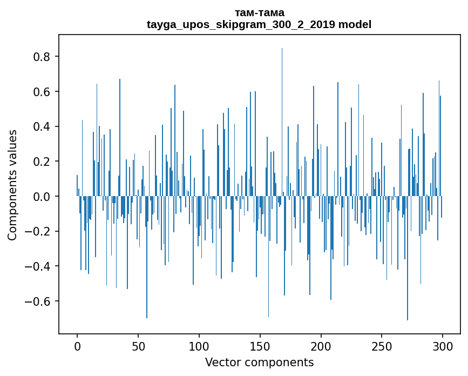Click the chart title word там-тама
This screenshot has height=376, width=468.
259,12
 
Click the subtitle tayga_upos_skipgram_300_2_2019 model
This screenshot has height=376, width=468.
259,24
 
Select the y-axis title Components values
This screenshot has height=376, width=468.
12,185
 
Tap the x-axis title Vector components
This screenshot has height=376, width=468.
259,362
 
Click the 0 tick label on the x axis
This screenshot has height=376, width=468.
77,345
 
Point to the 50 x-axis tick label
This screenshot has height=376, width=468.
138,345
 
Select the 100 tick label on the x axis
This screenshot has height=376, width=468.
199,345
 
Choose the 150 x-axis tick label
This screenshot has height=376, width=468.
260,345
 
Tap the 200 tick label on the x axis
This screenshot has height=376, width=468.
321,345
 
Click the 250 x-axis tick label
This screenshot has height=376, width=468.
382,345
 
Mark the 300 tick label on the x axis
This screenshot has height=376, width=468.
443,345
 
